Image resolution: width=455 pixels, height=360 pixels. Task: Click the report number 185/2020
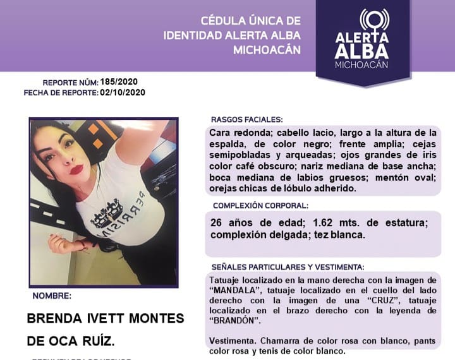(119, 82)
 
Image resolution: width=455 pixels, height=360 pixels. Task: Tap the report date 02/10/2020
(123, 92)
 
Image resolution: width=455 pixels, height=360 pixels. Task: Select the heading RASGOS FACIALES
(246, 119)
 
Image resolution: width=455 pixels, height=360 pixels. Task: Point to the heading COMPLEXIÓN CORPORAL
(260, 205)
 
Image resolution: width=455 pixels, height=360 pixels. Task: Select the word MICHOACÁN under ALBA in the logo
(362, 65)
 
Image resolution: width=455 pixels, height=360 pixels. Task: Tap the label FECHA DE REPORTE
(61, 93)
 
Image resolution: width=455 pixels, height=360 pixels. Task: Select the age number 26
(217, 224)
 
